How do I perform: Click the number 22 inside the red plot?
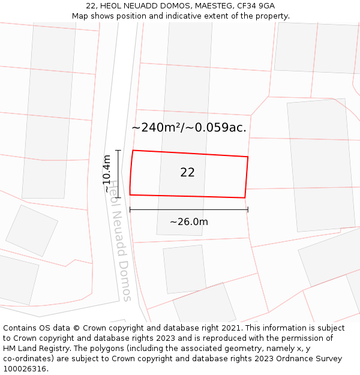[x=187, y=173]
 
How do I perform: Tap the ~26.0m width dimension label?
[x=188, y=222]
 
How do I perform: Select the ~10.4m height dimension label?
[x=107, y=173]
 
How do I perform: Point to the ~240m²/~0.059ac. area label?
[x=189, y=127]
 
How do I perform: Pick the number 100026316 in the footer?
[x=25, y=369]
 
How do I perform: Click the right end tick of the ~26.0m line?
[x=248, y=209]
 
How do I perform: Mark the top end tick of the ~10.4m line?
[x=118, y=151]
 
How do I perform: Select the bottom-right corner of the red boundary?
[x=245, y=197]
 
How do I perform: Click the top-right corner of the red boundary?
[x=248, y=157]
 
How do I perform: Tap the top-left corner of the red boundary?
[x=133, y=150]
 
